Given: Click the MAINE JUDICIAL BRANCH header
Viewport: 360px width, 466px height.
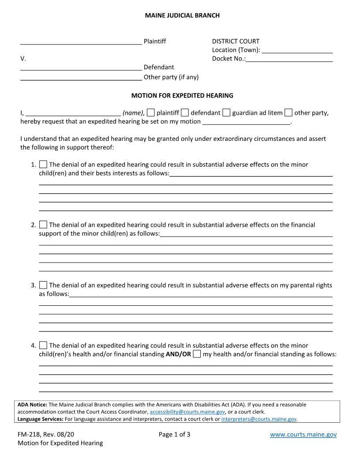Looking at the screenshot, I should coord(182,15).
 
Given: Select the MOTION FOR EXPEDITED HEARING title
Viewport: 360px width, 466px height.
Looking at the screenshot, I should coord(182,95).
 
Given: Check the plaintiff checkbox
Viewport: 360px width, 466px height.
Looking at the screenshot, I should coord(151,113).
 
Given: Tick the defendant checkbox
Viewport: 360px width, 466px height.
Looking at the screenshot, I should coord(185,113).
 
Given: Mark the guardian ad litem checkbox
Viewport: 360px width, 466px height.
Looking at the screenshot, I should coord(226,113).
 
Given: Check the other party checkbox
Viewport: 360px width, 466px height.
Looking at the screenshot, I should coord(289,113).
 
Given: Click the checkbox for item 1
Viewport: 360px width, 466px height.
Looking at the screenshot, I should coord(43,165).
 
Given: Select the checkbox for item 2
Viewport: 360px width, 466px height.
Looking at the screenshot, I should coord(43,225).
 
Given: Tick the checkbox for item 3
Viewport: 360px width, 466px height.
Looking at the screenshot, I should coord(43,285).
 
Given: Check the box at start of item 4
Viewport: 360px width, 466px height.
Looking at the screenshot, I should coord(43,345).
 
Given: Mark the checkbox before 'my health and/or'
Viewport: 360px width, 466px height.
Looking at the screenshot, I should coord(197,354).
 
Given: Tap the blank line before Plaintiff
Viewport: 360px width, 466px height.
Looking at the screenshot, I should coord(81,42).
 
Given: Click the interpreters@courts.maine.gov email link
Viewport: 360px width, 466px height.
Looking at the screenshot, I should coord(259,419).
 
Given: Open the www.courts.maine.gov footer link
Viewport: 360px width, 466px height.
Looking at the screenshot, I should coord(303,435).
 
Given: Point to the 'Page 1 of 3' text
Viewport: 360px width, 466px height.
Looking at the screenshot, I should coord(174,435).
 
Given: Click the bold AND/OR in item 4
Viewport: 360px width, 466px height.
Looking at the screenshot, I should coord(178,354).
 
